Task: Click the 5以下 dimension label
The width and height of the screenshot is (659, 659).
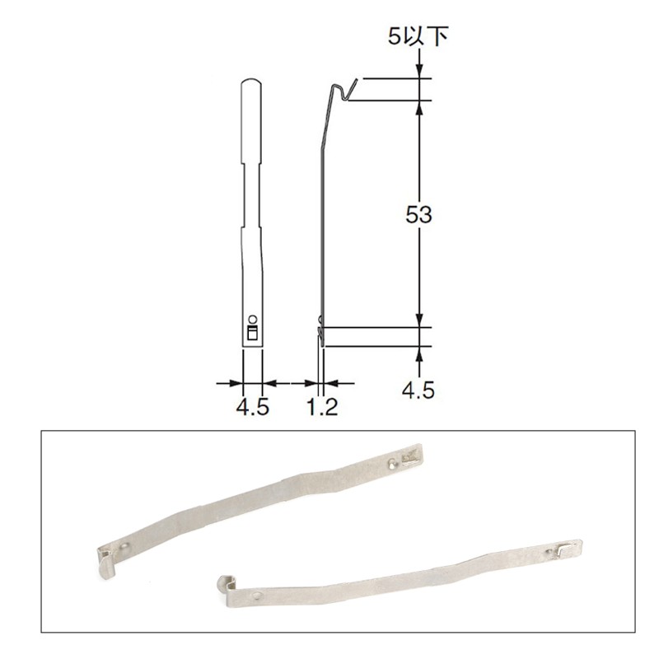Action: [418, 35]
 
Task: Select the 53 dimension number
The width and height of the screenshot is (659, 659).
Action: [418, 215]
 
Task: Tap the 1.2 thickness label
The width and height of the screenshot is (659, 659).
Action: [322, 407]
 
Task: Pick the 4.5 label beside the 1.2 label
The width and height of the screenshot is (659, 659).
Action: [252, 407]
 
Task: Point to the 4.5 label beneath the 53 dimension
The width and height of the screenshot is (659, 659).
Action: [418, 390]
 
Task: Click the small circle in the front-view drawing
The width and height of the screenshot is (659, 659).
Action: [253, 319]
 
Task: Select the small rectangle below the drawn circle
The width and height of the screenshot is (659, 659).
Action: [252, 332]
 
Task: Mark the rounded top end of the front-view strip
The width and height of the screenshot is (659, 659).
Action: [251, 82]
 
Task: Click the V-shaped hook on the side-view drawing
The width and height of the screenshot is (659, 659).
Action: [344, 91]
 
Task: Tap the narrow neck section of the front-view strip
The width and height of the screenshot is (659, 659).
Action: [251, 195]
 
